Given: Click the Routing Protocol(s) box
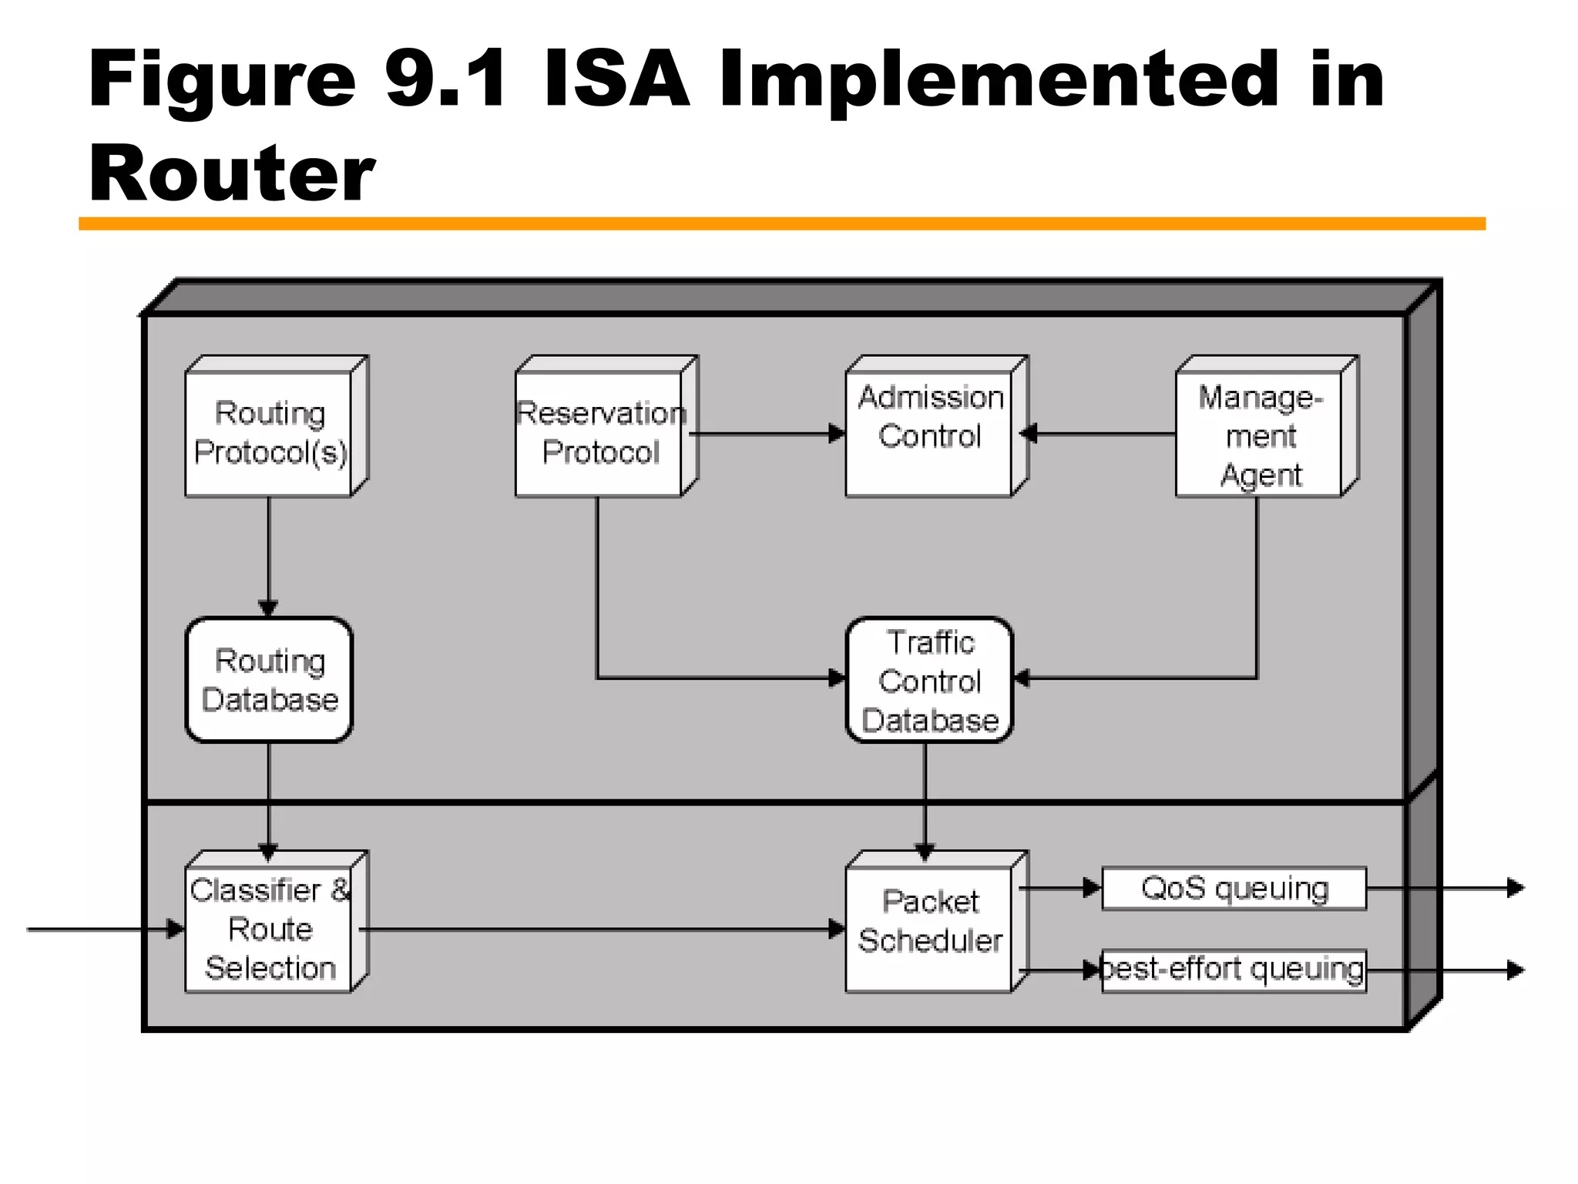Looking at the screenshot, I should (270, 433).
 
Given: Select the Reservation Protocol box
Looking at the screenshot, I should (599, 433).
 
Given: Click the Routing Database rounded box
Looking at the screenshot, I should (270, 680).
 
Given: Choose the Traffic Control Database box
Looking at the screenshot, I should (929, 680).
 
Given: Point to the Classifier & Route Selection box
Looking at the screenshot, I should (270, 928).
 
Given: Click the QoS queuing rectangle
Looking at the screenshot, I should (1234, 888).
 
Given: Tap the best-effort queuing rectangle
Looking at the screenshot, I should (1234, 970).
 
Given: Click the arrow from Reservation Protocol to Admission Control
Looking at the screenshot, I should (771, 434).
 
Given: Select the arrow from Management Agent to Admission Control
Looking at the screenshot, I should (1102, 434).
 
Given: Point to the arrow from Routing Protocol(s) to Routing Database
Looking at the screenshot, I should (268, 555).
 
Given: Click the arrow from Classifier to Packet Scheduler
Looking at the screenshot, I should (601, 929).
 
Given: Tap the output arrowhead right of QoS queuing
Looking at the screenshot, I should (1515, 888).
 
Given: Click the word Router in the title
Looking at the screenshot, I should (231, 173).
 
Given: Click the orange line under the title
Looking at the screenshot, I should (781, 224).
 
